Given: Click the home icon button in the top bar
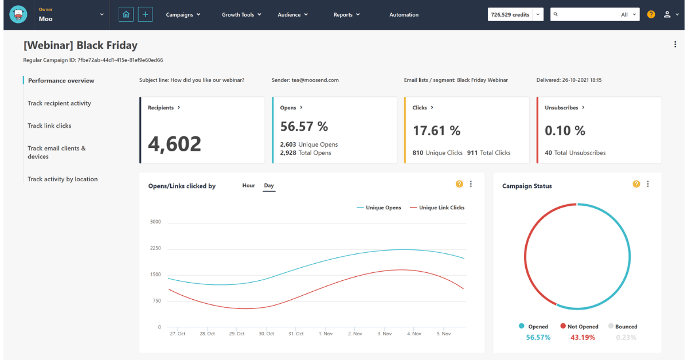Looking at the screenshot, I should (x=126, y=14).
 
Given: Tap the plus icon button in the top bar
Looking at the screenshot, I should (x=146, y=14).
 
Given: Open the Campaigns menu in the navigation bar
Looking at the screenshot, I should (x=183, y=15).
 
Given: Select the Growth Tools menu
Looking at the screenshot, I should (x=241, y=15).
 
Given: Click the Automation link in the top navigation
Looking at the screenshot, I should (x=404, y=15).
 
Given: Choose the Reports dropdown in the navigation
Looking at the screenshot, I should (x=346, y=15).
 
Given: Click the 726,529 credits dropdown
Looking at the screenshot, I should (x=515, y=15).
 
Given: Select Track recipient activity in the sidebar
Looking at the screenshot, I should (x=59, y=103).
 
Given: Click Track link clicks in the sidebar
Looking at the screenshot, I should (x=49, y=126).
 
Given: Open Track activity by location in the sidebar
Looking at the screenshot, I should (x=62, y=179).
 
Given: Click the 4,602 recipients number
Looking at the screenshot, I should (x=174, y=144).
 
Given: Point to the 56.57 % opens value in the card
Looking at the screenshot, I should (x=304, y=126).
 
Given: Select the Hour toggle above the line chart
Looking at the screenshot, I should (x=248, y=186).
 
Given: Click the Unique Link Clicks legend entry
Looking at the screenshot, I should (x=441, y=208).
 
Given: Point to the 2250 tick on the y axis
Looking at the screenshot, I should (x=155, y=248).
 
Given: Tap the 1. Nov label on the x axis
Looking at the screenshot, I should (x=325, y=334).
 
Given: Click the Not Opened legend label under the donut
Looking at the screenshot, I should (x=583, y=327).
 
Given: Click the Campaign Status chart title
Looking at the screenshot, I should (x=527, y=186).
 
